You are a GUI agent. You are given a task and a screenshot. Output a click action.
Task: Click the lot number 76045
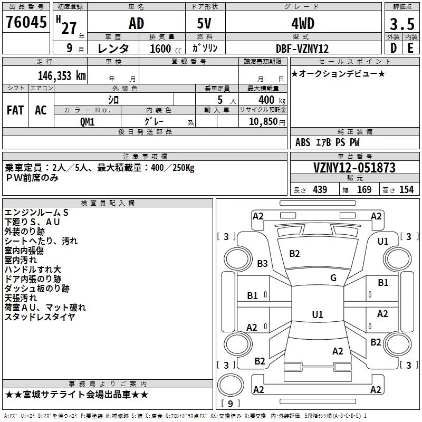pyautogui.click(x=26, y=23)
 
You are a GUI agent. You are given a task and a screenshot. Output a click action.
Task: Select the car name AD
pyautogui.click(x=136, y=24)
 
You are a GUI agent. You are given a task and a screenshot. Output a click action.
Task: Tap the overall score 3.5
pyautogui.click(x=401, y=24)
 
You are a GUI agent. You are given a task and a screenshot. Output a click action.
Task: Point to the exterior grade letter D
pyautogui.click(x=393, y=47)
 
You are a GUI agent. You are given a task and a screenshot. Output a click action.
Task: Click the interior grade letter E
pyautogui.click(x=410, y=47)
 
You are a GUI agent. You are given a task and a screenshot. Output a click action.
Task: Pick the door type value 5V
pyautogui.click(x=205, y=24)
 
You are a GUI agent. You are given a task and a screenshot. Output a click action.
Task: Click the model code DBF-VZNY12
pyautogui.click(x=302, y=48)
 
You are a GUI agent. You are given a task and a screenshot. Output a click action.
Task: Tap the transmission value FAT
pyautogui.click(x=15, y=110)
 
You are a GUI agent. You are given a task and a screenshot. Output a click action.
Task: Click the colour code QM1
pyautogui.click(x=88, y=121)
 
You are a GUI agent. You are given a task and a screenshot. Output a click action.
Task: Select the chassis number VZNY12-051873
pyautogui.click(x=354, y=168)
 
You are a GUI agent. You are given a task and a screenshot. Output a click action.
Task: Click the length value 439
pyautogui.click(x=320, y=190)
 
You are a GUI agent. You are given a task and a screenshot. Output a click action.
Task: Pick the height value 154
pyautogui.click(x=406, y=190)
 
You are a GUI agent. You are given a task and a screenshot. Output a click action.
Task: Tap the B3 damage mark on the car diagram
pyautogui.click(x=262, y=263)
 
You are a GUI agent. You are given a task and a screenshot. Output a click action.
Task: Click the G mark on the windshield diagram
pyautogui.click(x=333, y=277)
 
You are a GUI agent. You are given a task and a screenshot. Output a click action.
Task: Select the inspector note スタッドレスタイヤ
pyautogui.click(x=40, y=316)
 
